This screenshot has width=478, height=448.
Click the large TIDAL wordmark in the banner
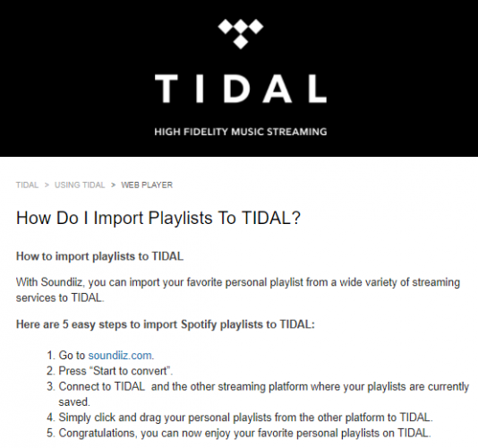[x=239, y=89]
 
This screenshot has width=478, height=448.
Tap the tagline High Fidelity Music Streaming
[x=239, y=132]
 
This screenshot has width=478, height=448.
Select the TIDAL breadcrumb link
[x=28, y=185]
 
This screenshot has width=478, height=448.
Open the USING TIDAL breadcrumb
[x=80, y=185]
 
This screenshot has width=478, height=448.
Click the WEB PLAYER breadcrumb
[x=147, y=185]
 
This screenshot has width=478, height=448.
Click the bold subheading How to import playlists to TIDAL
[x=99, y=256]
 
